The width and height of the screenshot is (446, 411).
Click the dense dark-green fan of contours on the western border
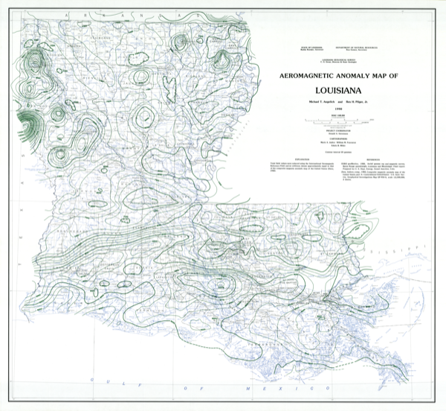[28, 123]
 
